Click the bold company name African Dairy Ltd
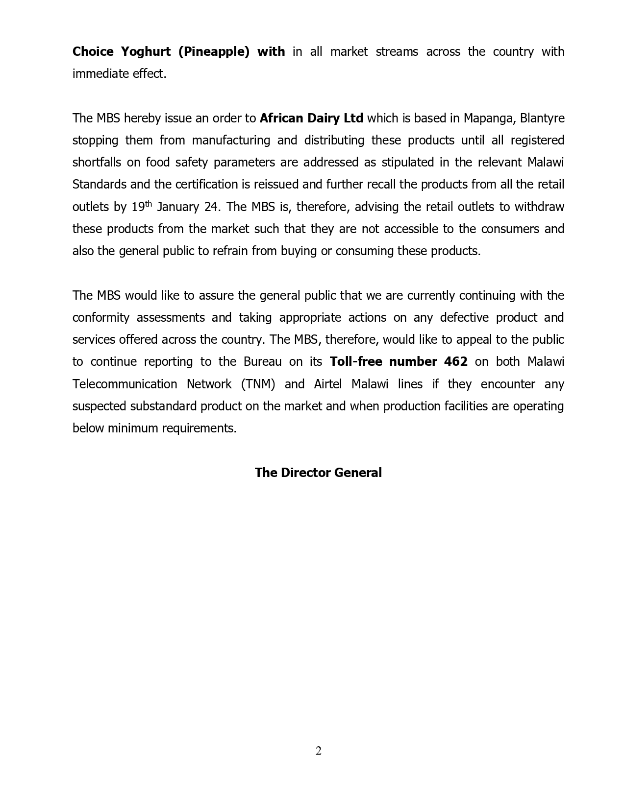[x=311, y=119]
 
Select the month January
[x=178, y=207]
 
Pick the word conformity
[x=100, y=318]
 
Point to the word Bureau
[x=262, y=362]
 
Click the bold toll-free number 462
[x=456, y=362]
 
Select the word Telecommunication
[x=125, y=384]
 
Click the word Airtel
[x=327, y=384]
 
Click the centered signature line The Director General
[x=318, y=473]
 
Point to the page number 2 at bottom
[x=319, y=751]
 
